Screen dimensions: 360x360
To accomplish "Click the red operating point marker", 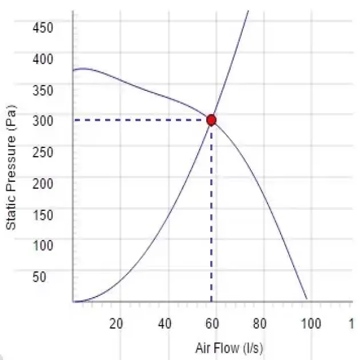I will coord(211,120).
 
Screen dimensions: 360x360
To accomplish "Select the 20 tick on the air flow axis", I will coord(116,323).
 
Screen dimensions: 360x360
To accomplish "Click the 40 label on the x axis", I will coord(165,323).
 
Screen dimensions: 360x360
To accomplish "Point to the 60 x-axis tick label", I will coord(213,323).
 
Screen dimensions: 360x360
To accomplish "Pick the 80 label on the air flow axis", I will coord(261,323).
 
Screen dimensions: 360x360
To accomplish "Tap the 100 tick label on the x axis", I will coord(311,323).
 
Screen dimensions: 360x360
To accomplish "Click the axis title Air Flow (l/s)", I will coord(229,348).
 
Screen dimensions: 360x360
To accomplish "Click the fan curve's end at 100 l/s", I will coord(307,298).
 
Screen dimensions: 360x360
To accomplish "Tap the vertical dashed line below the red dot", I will coord(211,217).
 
